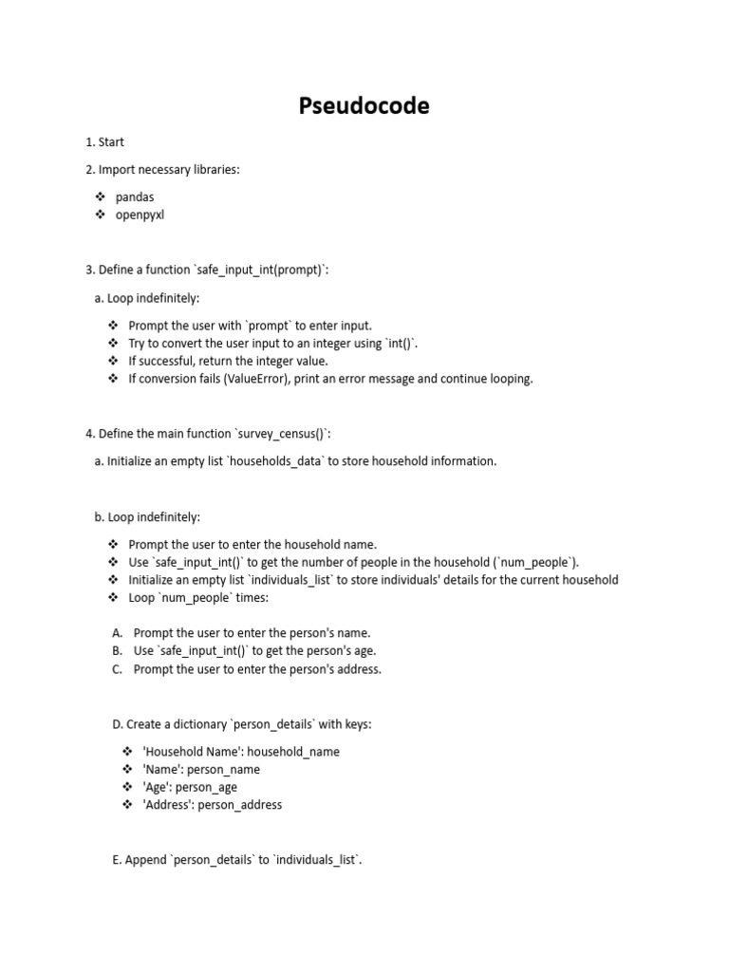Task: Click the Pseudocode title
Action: click(x=364, y=106)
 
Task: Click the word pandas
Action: click(x=135, y=196)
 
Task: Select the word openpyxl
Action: click(x=140, y=215)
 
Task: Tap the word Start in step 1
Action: click(x=112, y=142)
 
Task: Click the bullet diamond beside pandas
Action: click(x=101, y=196)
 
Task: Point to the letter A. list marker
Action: click(x=118, y=633)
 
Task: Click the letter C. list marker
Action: click(x=118, y=669)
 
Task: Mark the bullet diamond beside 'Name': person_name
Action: click(x=128, y=770)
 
